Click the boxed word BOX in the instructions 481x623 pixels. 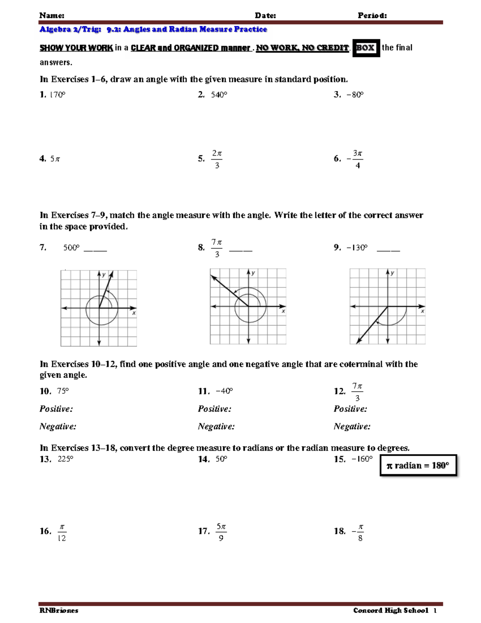point(366,48)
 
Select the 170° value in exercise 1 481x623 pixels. point(57,95)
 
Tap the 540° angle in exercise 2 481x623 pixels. point(219,95)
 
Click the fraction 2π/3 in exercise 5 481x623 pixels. point(217,159)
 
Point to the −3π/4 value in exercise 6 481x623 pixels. point(356,159)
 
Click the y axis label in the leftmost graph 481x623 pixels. point(104,275)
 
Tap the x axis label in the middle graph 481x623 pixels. point(283,311)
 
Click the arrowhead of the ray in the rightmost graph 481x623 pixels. point(358,341)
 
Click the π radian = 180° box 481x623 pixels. point(418,465)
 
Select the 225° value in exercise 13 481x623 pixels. point(65,459)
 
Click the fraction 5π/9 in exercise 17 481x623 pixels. point(221,532)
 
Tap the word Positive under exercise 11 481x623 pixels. point(214,409)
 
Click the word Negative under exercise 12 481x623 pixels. point(352,426)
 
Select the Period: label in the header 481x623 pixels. point(372,16)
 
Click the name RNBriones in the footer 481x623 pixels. point(59,611)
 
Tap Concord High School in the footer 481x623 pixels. point(391,611)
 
